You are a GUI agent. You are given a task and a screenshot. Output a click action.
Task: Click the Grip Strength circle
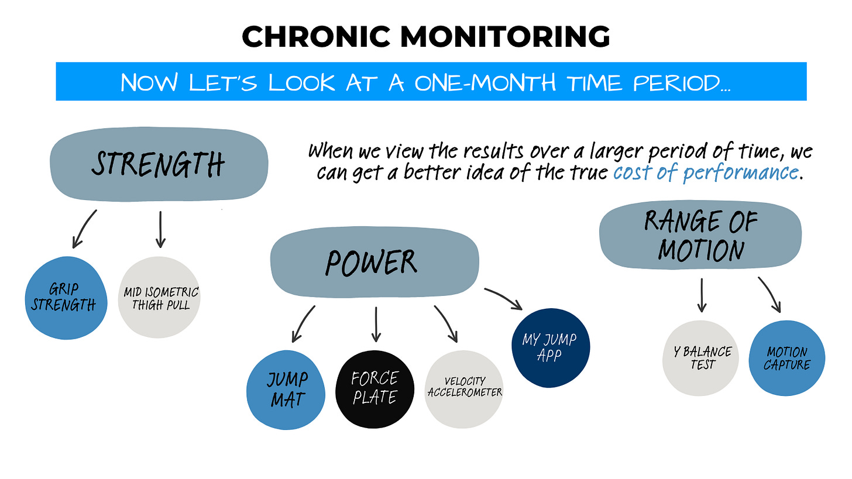66,297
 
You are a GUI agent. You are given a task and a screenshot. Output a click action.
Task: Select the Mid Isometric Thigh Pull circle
159,297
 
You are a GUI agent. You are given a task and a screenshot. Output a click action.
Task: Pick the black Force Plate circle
375,389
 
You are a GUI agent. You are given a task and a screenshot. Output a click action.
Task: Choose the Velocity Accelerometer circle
464,389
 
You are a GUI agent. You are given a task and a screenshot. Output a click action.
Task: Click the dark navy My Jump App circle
549,347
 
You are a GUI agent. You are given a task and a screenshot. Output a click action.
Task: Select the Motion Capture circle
787,357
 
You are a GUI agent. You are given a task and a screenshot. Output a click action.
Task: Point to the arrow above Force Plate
376,324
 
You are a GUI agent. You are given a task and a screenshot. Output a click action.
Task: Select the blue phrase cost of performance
706,173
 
